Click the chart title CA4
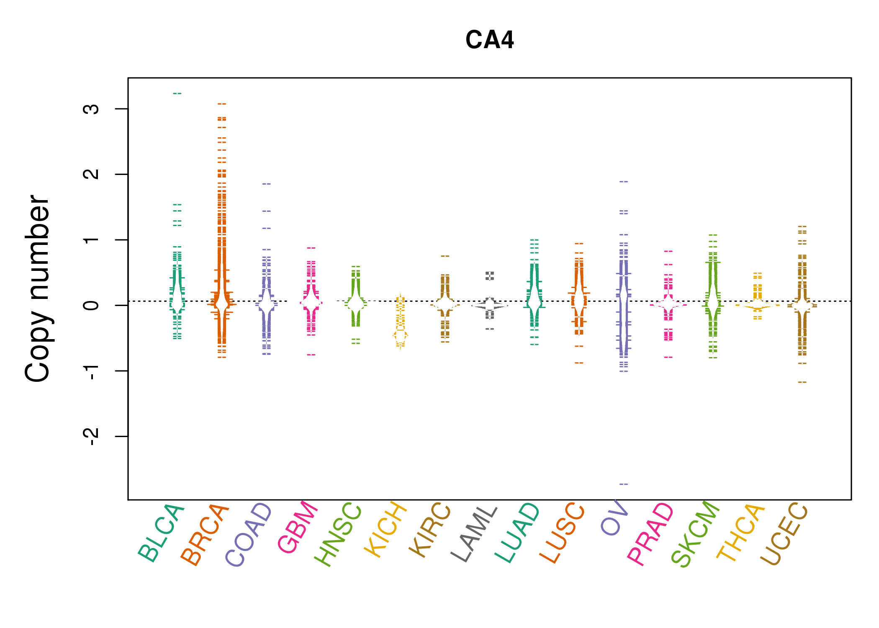[489, 40]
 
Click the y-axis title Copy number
[38, 288]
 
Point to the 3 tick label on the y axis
[91, 109]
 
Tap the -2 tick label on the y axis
[91, 436]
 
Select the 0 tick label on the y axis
[91, 305]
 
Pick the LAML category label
[475, 533]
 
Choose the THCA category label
[741, 533]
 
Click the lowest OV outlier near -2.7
[624, 484]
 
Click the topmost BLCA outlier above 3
[177, 93]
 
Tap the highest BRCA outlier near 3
[222, 103]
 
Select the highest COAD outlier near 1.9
[267, 184]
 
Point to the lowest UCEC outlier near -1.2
[802, 382]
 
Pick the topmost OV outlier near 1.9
[624, 182]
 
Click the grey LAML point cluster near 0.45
[490, 275]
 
